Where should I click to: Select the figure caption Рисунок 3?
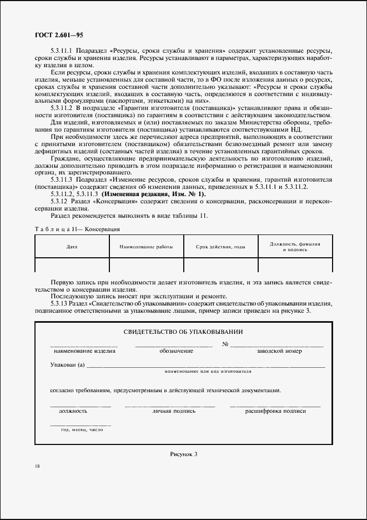coord(183,454)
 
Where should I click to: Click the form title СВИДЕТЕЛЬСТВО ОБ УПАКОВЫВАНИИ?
coord(183,332)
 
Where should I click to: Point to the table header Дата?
coord(72,246)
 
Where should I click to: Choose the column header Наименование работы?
coord(146,246)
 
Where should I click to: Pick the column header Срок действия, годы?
coord(220,246)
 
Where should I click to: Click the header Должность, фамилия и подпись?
coord(295,246)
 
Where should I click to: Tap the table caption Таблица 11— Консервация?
coord(78,229)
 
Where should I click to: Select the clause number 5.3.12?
coord(60,201)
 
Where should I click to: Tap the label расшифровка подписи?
coord(275,411)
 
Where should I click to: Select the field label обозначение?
coord(176,351)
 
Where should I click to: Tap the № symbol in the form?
coord(225,344)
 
